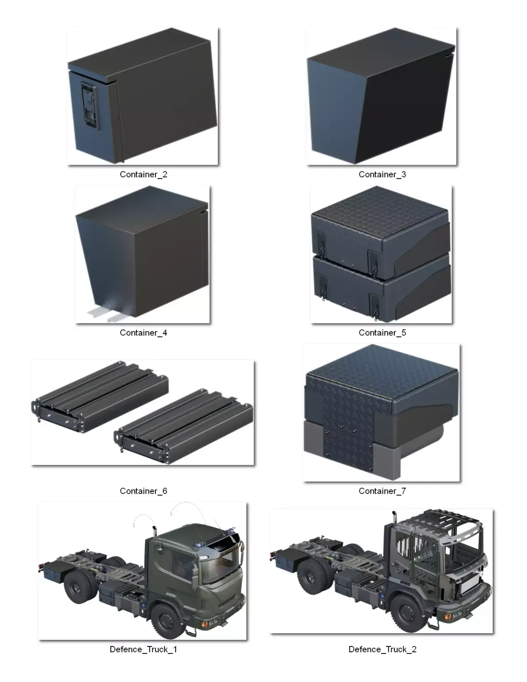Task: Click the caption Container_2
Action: click(x=144, y=174)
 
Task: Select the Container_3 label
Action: click(x=383, y=174)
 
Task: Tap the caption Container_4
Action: click(x=144, y=333)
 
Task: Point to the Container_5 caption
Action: click(x=383, y=333)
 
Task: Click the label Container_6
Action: click(x=144, y=491)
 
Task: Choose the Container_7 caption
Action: click(x=383, y=491)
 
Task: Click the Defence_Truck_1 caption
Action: click(x=144, y=650)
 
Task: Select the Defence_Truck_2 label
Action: click(x=383, y=650)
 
